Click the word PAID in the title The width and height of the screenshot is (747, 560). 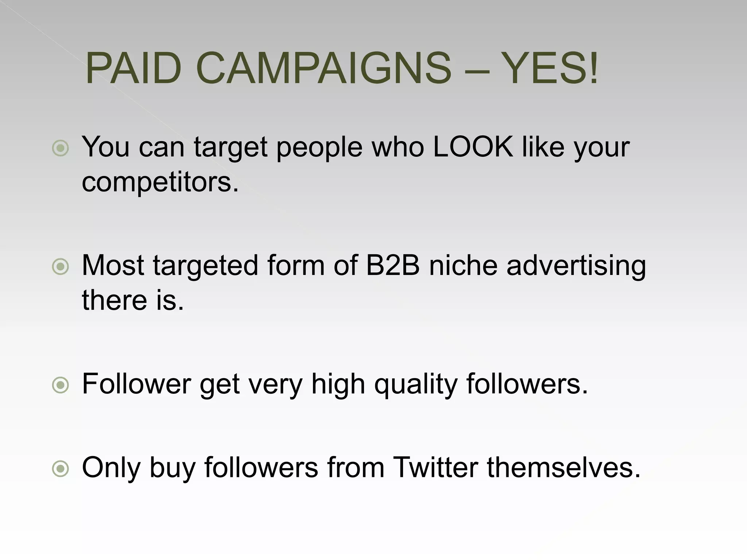point(133,69)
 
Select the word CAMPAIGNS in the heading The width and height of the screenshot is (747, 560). point(324,69)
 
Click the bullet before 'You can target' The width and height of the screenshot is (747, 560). point(61,148)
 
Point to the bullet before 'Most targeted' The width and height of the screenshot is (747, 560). point(61,267)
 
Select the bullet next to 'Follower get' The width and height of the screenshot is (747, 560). point(61,385)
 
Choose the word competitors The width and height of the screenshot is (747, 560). point(160,182)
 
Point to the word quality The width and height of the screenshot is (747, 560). point(416,385)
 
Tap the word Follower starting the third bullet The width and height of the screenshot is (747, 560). point(136,384)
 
